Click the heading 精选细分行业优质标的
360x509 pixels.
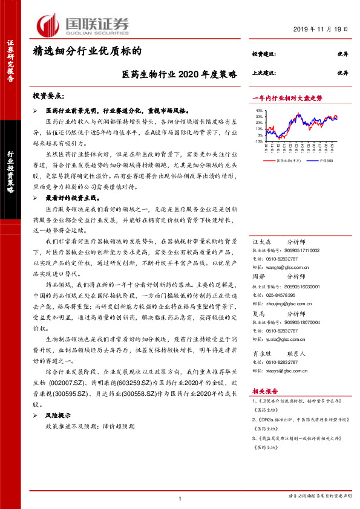point(87,52)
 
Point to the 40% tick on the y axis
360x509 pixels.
point(259,111)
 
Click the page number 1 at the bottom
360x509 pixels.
point(180,498)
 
